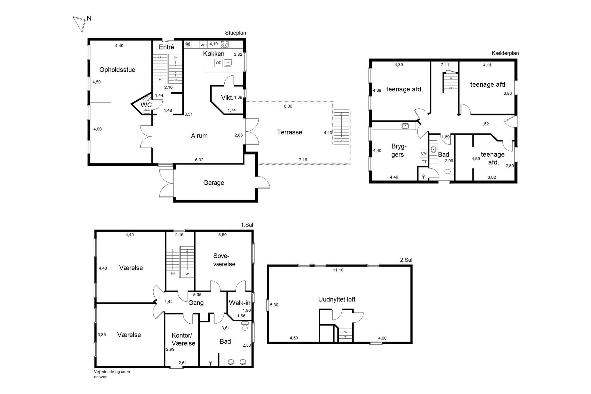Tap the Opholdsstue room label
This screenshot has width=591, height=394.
click(117, 70)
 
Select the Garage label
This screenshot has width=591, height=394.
click(214, 183)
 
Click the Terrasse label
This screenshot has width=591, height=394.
click(290, 132)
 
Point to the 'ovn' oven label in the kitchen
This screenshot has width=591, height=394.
click(203, 44)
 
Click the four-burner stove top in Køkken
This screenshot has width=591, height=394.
click(225, 44)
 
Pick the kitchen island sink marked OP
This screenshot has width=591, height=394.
click(228, 63)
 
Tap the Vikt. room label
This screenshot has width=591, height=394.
click(227, 97)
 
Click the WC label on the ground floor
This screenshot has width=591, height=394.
click(146, 105)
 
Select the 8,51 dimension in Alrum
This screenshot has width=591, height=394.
click(189, 114)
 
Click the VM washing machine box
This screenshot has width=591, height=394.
click(424, 154)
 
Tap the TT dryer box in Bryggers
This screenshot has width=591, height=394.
click(424, 162)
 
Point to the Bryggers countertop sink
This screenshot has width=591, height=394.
click(405, 126)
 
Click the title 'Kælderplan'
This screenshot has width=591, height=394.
click(505, 53)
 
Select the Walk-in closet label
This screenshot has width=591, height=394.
click(239, 303)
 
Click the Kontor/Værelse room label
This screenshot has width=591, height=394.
click(183, 339)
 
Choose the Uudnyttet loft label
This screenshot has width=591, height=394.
click(337, 299)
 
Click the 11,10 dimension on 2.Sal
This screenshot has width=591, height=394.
click(338, 270)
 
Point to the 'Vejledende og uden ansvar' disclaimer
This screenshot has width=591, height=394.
click(112, 374)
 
